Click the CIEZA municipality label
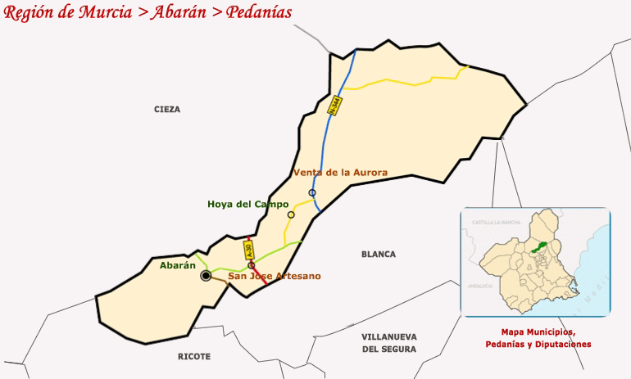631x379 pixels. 166,109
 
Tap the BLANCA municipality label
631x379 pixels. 379,255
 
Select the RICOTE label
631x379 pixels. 194,357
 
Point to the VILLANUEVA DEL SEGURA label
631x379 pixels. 388,343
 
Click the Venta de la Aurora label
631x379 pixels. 340,173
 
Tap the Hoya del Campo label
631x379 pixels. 247,204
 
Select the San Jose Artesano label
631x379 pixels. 274,276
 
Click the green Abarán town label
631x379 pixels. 178,265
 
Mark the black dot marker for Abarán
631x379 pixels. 206,276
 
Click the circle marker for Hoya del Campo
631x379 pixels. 291,214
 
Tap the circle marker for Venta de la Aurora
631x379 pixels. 312,192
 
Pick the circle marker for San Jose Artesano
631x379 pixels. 251,265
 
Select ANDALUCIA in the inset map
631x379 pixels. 479,286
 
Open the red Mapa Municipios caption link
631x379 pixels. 538,332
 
